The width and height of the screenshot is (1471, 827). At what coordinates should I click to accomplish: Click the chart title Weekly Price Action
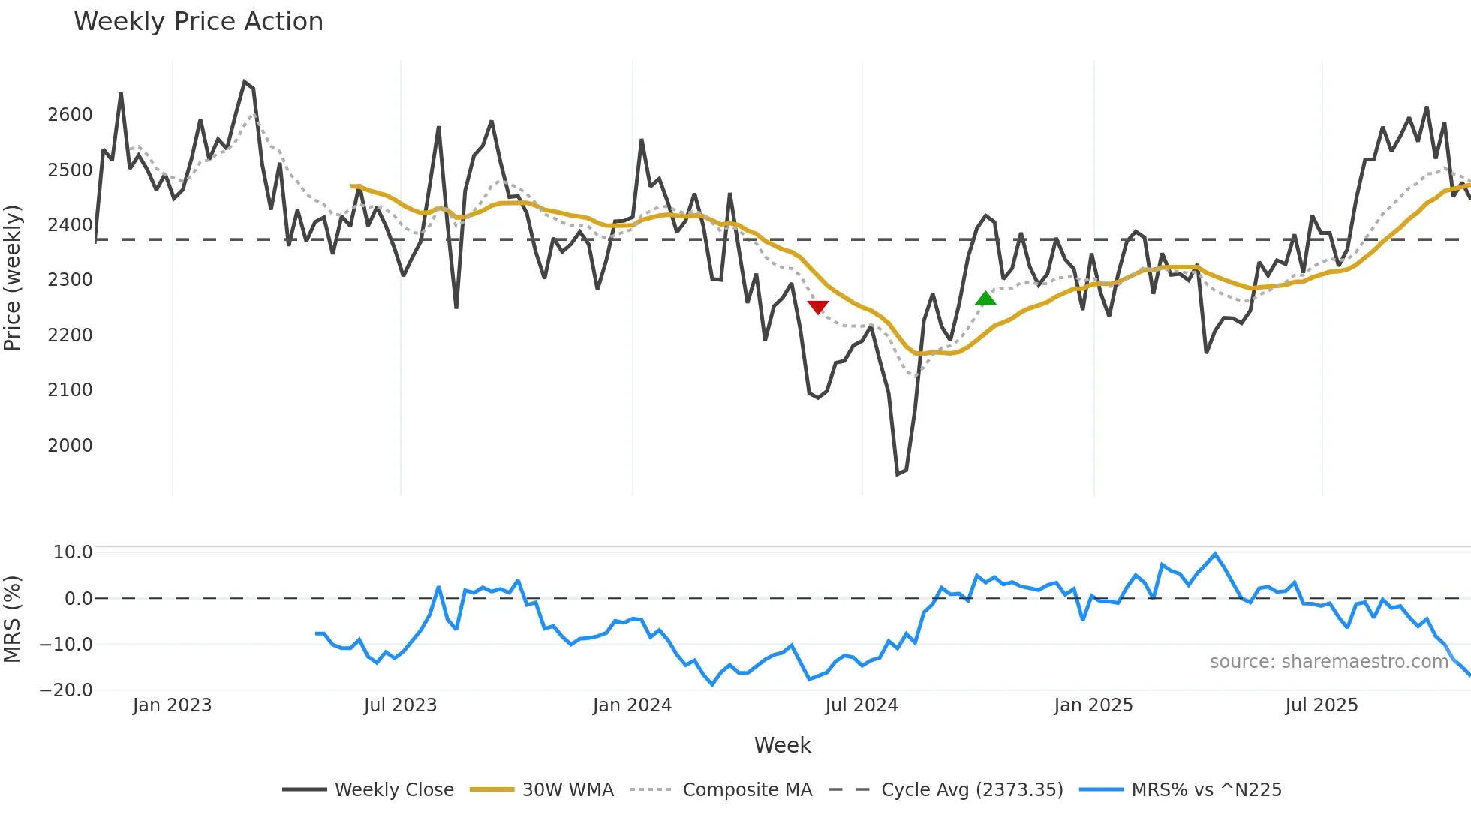click(x=198, y=22)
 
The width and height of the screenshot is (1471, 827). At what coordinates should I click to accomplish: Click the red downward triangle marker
click(x=817, y=307)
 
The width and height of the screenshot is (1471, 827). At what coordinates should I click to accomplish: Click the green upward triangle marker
click(x=985, y=299)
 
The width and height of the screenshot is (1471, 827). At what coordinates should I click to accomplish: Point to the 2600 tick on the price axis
click(x=70, y=115)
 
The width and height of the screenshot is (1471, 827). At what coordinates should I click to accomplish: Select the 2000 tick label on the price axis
click(x=70, y=446)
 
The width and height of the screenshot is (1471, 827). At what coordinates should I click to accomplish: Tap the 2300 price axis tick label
click(x=70, y=280)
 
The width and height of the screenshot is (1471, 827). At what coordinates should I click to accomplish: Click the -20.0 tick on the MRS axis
click(x=66, y=690)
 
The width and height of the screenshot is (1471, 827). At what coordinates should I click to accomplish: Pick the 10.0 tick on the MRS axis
click(x=73, y=552)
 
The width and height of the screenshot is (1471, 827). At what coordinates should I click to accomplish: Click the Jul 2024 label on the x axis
click(x=861, y=705)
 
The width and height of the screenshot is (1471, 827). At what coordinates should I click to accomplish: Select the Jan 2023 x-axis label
click(x=172, y=705)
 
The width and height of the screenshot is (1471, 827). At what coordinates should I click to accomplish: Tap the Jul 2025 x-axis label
click(x=1321, y=705)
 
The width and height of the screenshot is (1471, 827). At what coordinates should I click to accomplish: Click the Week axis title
click(x=782, y=745)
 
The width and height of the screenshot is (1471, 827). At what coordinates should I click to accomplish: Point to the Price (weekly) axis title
click(x=13, y=278)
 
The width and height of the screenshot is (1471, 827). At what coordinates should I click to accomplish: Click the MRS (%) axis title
click(x=13, y=619)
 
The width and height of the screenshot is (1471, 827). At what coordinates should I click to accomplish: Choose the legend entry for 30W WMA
click(x=567, y=790)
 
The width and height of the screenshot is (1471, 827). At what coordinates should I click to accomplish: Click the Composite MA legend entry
click(x=747, y=790)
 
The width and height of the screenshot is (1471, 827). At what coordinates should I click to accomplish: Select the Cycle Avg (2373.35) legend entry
click(x=971, y=790)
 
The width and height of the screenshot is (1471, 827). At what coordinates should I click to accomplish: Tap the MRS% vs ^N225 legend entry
click(x=1206, y=790)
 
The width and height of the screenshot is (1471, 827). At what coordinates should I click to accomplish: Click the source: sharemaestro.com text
click(x=1328, y=662)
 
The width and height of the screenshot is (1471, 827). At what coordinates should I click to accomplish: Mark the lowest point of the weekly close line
click(x=898, y=474)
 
